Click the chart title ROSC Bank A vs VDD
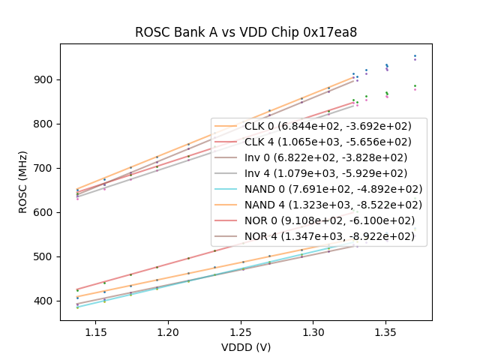pyautogui.click(x=246, y=32)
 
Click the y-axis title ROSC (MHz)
pyautogui.click(x=24, y=182)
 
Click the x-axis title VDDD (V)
pyautogui.click(x=246, y=347)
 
